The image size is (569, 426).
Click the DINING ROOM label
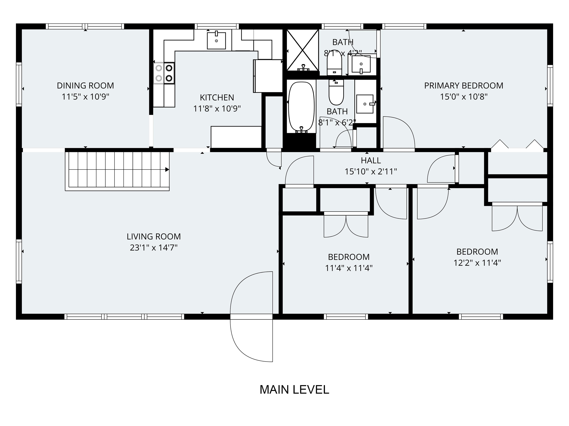click(85, 85)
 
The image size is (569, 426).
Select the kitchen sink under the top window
click(216, 40)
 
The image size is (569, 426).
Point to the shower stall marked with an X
click(302, 50)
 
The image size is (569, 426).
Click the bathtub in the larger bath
click(301, 106)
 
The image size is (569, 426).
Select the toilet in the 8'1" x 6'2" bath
click(336, 92)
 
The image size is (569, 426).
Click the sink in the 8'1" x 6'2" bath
click(365, 104)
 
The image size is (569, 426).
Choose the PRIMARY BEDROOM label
click(464, 85)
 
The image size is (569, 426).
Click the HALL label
click(370, 160)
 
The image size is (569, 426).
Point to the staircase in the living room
click(117, 170)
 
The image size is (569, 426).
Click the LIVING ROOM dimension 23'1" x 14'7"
click(154, 248)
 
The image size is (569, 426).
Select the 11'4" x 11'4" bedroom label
click(349, 257)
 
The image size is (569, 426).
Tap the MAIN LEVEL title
click(294, 390)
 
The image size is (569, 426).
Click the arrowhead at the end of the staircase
click(167, 170)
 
